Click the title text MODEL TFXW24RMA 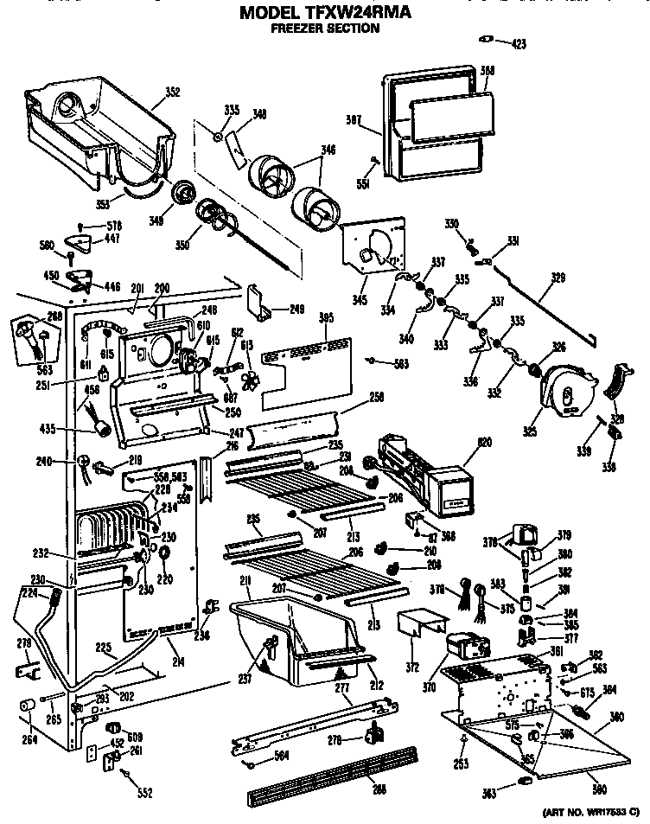point(325,12)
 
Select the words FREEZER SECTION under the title point(325,28)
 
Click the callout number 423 point(516,43)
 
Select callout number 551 point(363,184)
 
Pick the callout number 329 point(558,279)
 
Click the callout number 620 point(486,443)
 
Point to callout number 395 point(325,317)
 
